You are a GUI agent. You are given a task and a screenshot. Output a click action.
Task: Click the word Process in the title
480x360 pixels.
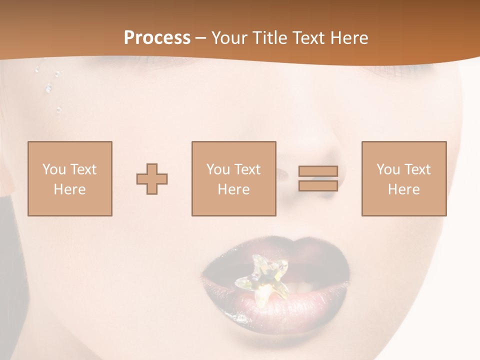pyautogui.click(x=157, y=38)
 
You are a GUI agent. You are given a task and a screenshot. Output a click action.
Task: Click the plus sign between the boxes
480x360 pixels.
pyautogui.click(x=152, y=179)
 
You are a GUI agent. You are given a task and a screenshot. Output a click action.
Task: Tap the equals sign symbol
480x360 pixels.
pyautogui.click(x=318, y=178)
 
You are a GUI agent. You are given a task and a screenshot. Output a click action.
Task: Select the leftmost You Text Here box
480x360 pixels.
pyautogui.click(x=69, y=179)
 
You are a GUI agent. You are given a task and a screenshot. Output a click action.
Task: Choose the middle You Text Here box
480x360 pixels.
pyautogui.click(x=233, y=179)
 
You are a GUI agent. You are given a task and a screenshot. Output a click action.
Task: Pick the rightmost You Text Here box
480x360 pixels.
pyautogui.click(x=403, y=179)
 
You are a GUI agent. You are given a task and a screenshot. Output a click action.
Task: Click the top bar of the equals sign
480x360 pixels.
pyautogui.click(x=318, y=171)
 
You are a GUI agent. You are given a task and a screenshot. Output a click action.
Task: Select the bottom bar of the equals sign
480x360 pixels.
pyautogui.click(x=318, y=185)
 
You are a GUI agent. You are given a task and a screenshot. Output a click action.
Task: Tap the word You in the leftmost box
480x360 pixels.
pyautogui.click(x=54, y=169)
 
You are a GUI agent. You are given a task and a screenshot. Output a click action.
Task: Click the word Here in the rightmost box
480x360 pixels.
pyautogui.click(x=403, y=189)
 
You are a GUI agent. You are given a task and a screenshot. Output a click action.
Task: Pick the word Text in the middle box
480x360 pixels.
pyautogui.click(x=246, y=169)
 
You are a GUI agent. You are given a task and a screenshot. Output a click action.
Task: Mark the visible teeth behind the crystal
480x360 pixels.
pyautogui.click(x=298, y=287)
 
